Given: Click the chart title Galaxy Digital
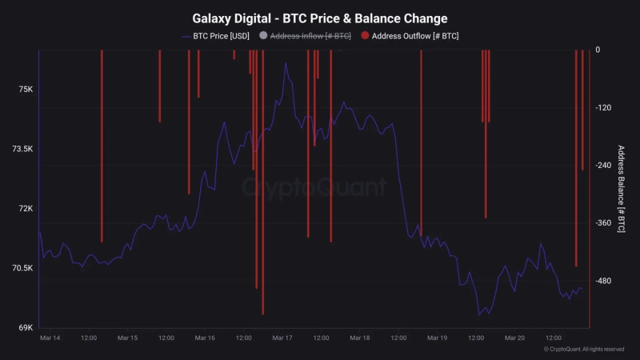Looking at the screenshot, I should pos(320,18).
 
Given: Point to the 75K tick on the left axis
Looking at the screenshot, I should pos(26,90).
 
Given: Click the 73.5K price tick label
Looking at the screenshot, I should pos(22,149).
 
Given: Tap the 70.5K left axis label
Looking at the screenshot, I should pos(22,268).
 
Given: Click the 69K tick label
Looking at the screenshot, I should pos(26,327).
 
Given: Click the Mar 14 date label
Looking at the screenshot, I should pos(50,338).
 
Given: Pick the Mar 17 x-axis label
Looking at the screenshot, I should pos(282,338).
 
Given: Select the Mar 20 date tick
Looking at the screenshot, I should pos(515,338).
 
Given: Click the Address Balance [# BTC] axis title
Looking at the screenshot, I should pos(621,189).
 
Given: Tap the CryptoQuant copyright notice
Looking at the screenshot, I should pos(583,350).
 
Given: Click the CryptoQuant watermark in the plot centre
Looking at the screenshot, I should pos(314,187).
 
